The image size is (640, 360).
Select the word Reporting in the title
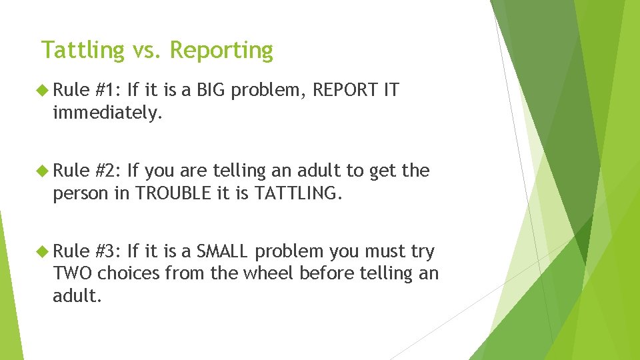(x=221, y=51)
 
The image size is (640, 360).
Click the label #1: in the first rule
(x=108, y=90)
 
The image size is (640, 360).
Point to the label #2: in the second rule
(x=108, y=171)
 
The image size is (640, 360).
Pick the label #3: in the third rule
(x=108, y=251)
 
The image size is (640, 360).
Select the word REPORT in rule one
(x=344, y=90)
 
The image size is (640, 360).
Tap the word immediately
(x=107, y=113)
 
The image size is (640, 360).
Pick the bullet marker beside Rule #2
(x=44, y=171)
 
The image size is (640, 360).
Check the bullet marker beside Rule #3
(x=44, y=251)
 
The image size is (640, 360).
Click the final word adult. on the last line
(x=77, y=295)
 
